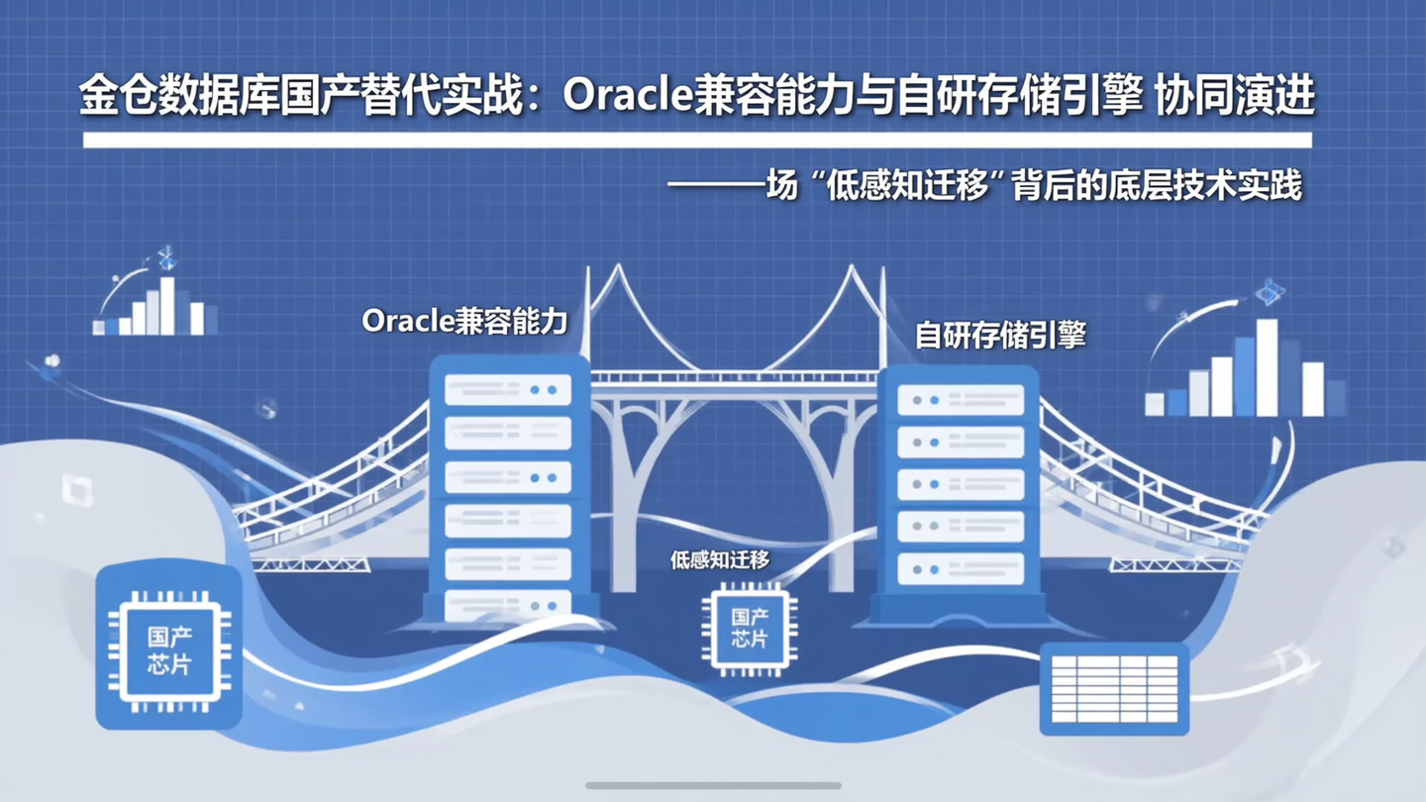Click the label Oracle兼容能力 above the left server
(464, 321)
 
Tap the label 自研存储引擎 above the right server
(1000, 335)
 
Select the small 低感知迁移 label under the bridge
(720, 560)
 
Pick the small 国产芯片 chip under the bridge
(750, 629)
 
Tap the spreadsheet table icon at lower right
(1114, 688)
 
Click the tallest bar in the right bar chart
(1267, 367)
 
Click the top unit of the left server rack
(508, 390)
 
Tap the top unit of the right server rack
(960, 400)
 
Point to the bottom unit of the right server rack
(960, 569)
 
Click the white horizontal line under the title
(697, 141)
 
